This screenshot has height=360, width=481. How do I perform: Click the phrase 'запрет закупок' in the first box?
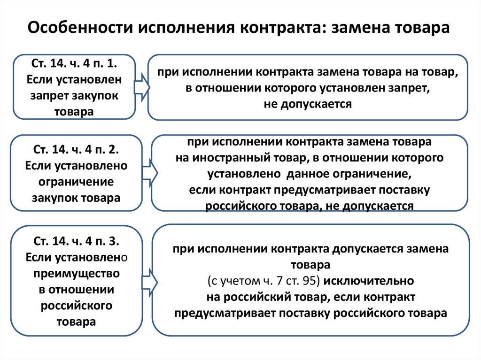pos(74,96)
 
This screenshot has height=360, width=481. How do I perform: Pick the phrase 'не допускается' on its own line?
pos(308,104)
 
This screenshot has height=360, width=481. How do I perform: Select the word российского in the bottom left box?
pos(77,306)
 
